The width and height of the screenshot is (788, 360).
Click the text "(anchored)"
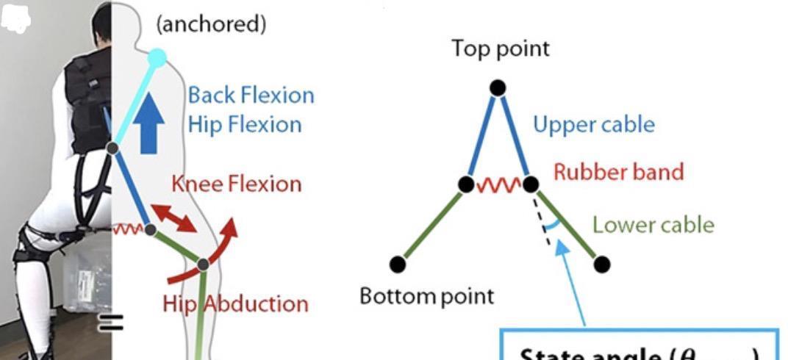point(211,24)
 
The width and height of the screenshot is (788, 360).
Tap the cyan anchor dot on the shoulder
point(157,57)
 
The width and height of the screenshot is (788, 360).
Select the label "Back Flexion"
point(251,95)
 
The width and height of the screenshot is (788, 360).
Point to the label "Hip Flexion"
point(244,124)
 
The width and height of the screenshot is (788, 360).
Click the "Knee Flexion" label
point(236,183)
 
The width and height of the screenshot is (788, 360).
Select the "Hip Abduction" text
point(235,303)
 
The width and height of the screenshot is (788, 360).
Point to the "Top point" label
point(501,48)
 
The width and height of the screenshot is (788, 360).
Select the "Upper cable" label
point(593,124)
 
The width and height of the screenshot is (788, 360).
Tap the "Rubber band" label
point(618,172)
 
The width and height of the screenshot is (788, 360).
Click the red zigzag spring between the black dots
point(498,184)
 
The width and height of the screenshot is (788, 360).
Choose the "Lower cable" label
point(653,224)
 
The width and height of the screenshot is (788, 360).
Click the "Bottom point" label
point(426,296)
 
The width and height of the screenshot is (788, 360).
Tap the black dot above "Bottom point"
point(398,263)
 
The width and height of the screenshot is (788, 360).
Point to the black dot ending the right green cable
point(601,263)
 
